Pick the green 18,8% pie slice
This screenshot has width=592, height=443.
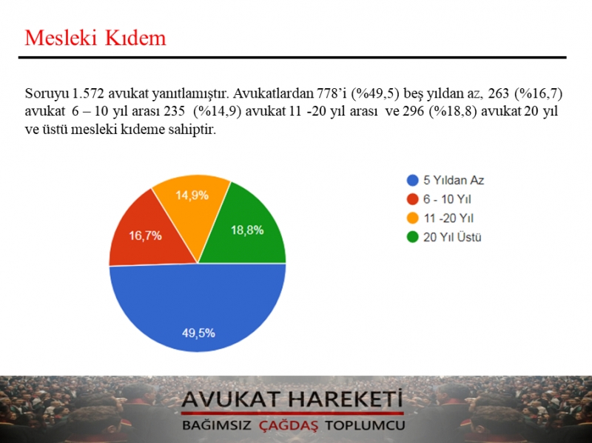pyautogui.click(x=247, y=230)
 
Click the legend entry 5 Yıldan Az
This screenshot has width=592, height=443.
pyautogui.click(x=445, y=180)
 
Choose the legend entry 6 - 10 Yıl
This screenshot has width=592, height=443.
pyautogui.click(x=439, y=199)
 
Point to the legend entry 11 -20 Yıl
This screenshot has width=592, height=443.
pyautogui.click(x=440, y=218)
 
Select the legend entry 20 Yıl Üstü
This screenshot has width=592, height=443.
pyautogui.click(x=444, y=237)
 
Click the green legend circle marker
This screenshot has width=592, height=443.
pyautogui.click(x=413, y=237)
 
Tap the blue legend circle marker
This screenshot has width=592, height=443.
pyautogui.click(x=413, y=180)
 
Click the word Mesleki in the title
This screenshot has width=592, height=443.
pyautogui.click(x=61, y=38)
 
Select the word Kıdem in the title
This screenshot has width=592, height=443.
pyautogui.click(x=135, y=38)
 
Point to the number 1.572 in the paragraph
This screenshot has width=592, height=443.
pyautogui.click(x=87, y=93)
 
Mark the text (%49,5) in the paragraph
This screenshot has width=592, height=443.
pyautogui.click(x=375, y=93)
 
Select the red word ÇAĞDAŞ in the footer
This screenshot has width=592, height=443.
pyautogui.click(x=289, y=426)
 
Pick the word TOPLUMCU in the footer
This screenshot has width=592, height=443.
pyautogui.click(x=365, y=425)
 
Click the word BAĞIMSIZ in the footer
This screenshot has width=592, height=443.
pyautogui.click(x=217, y=425)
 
